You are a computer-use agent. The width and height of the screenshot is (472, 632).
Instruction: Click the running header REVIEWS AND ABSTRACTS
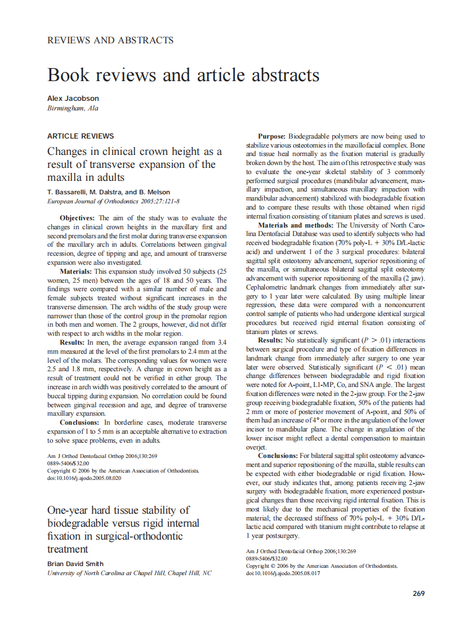[110, 40]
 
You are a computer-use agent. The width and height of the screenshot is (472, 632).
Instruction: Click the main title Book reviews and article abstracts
[183, 75]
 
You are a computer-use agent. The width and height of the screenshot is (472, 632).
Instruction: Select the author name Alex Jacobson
[73, 98]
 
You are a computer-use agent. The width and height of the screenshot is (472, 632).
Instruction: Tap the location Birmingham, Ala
[73, 108]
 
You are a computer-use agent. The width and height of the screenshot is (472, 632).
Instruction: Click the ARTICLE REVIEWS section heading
[81, 136]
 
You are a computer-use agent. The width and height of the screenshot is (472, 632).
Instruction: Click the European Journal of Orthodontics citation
[113, 201]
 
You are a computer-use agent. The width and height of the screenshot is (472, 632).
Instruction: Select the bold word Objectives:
[78, 217]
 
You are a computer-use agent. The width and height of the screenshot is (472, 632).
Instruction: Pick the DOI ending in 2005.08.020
[84, 478]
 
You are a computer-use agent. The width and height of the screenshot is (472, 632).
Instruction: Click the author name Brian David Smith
[75, 563]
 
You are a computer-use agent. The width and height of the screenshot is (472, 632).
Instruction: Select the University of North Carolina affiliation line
[130, 573]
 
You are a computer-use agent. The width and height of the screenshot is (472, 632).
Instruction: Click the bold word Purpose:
[272, 136]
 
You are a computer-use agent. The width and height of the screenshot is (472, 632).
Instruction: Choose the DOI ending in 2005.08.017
[283, 573]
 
